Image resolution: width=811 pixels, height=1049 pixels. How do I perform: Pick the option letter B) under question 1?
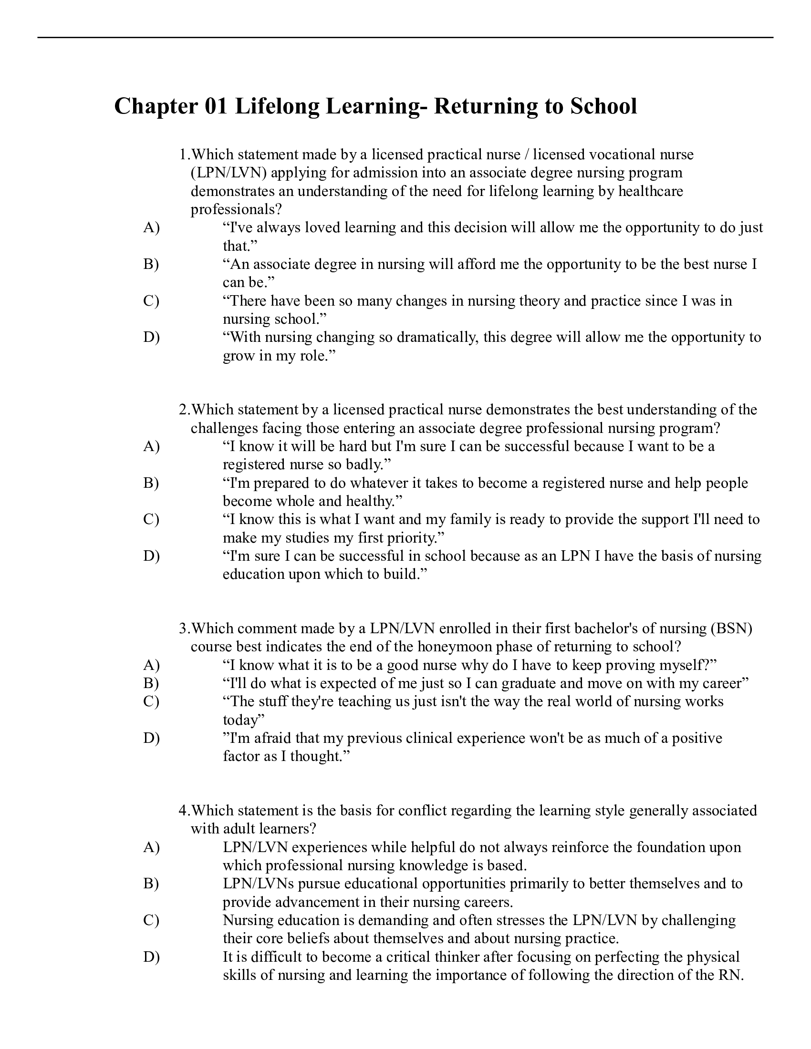point(151,264)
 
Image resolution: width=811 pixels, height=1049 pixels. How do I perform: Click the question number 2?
point(184,410)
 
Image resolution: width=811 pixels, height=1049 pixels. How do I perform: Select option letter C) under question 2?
point(151,519)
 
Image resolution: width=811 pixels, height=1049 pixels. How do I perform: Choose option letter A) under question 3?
point(151,665)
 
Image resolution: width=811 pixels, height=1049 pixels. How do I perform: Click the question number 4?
point(184,811)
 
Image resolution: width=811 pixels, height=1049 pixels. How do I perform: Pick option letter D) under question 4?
point(151,957)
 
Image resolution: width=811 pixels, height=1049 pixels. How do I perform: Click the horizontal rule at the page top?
point(405,38)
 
